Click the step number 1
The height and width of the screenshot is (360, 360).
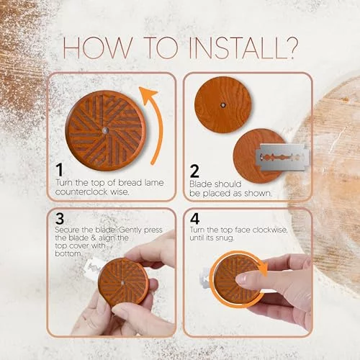tap(59, 170)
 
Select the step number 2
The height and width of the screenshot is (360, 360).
tap(194, 171)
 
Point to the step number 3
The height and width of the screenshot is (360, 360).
tap(60, 218)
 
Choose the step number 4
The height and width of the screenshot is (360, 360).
tap(194, 218)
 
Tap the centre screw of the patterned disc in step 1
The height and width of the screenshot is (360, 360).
tap(105, 130)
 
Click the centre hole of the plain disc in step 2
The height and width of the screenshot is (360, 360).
tap(223, 105)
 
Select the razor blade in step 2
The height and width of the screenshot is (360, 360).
tap(282, 157)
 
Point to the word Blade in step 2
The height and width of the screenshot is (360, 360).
tap(200, 184)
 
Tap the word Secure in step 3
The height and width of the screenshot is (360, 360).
tap(67, 230)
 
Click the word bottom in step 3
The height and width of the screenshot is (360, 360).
tap(68, 253)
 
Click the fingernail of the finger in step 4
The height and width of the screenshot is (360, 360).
tap(240, 279)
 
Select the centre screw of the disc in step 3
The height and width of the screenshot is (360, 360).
tap(122, 283)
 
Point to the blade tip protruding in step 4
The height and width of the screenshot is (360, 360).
tap(205, 278)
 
